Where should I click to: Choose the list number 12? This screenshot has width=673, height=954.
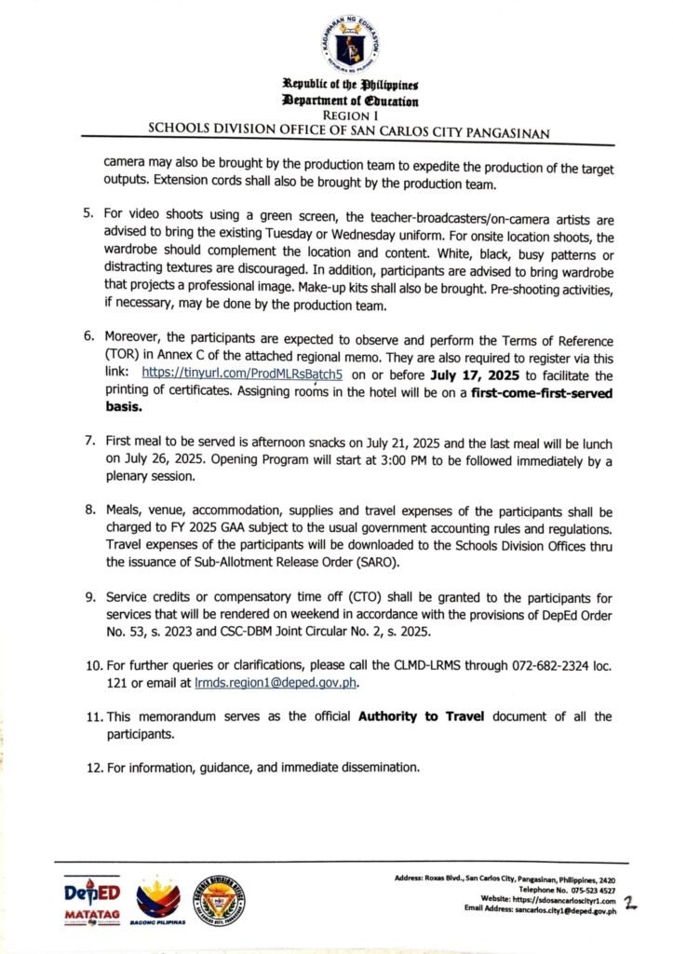93,768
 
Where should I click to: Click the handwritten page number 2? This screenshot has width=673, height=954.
631,903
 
